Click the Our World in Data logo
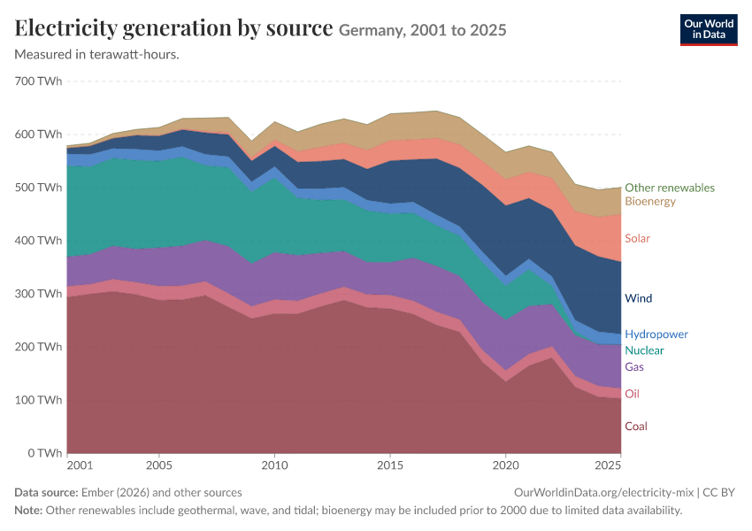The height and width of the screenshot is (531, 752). pyautogui.click(x=709, y=30)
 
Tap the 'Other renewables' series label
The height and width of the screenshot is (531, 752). pyautogui.click(x=670, y=188)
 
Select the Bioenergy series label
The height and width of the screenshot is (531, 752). pyautogui.click(x=650, y=201)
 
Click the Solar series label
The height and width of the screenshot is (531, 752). pyautogui.click(x=637, y=238)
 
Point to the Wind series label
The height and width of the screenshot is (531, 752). pyautogui.click(x=639, y=298)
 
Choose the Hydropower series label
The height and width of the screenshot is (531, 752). pyautogui.click(x=656, y=335)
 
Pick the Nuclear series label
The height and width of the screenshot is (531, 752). pyautogui.click(x=644, y=350)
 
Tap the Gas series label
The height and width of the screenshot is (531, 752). pyautogui.click(x=634, y=367)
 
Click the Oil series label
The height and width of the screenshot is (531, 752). pyautogui.click(x=632, y=394)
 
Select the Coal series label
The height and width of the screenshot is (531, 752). pyautogui.click(x=636, y=427)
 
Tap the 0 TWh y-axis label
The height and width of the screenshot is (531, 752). pyautogui.click(x=44, y=453)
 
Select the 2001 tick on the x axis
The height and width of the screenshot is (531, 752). pyautogui.click(x=80, y=466)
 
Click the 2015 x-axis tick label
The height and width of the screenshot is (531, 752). pyautogui.click(x=390, y=466)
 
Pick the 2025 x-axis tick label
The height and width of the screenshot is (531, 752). pyautogui.click(x=608, y=466)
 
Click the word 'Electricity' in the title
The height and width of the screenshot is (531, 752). pyautogui.click(x=65, y=29)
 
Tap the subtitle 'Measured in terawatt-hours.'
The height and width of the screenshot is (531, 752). pyautogui.click(x=97, y=54)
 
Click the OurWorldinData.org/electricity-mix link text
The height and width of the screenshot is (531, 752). pyautogui.click(x=603, y=493)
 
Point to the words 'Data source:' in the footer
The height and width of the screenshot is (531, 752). pyautogui.click(x=46, y=493)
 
